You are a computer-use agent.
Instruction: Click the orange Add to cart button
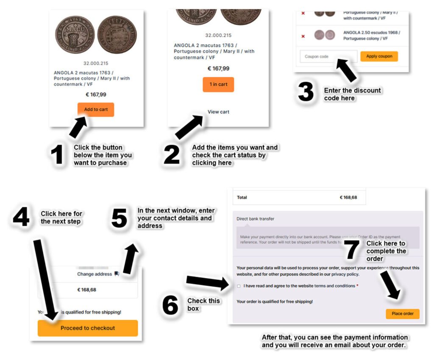pyautogui.click(x=96, y=109)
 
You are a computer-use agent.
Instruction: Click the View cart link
pyautogui.click(x=218, y=112)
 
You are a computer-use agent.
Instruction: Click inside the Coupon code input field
pyautogui.click(x=328, y=56)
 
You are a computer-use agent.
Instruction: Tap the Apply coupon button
pyautogui.click(x=379, y=56)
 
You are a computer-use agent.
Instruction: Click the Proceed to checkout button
pyautogui.click(x=88, y=328)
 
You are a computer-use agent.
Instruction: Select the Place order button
pyautogui.click(x=402, y=314)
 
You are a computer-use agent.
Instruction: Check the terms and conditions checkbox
pyautogui.click(x=239, y=286)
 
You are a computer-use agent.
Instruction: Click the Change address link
pyautogui.click(x=95, y=274)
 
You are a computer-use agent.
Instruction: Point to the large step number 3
pyautogui.click(x=306, y=92)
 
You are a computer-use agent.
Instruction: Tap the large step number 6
pyautogui.click(x=170, y=305)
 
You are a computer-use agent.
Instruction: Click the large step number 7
pyautogui.click(x=352, y=250)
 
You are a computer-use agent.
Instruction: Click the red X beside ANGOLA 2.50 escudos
pyautogui.click(x=303, y=36)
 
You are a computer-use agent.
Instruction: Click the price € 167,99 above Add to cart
pyautogui.click(x=96, y=95)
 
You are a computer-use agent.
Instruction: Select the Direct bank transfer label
pyautogui.click(x=255, y=219)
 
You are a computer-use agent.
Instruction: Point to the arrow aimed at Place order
pyautogui.click(x=390, y=285)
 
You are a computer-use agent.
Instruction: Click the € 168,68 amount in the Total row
pyautogui.click(x=348, y=197)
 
